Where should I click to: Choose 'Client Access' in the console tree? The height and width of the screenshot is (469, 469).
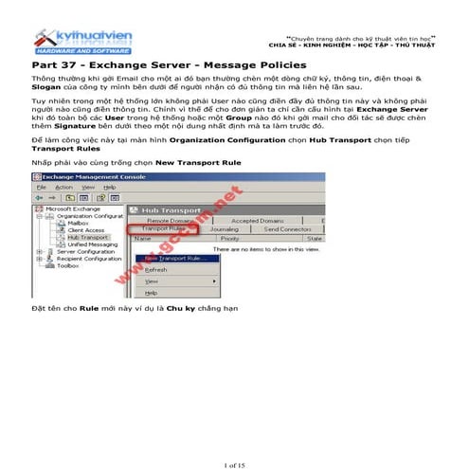coord(86,230)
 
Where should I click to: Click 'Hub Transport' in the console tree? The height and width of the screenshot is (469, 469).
coord(87,238)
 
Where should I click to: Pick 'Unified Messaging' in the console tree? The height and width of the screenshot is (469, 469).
coord(92,244)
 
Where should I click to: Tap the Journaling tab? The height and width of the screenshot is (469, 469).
coord(224,228)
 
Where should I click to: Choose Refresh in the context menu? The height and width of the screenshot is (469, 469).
coord(156,269)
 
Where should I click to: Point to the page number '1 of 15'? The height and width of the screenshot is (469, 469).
coord(234,439)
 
